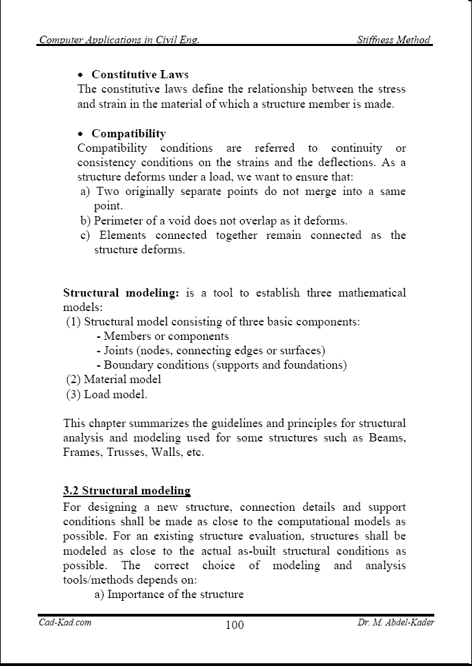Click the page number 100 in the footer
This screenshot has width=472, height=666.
[x=234, y=625]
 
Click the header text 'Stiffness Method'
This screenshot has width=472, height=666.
[x=394, y=40]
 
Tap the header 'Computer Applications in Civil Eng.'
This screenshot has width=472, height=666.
[x=119, y=40]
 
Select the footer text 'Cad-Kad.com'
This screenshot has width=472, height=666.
[x=65, y=622]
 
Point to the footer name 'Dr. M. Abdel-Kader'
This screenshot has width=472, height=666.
[x=396, y=622]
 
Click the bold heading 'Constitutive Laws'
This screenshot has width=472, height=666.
[x=140, y=74]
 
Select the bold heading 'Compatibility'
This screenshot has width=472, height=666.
[x=128, y=133]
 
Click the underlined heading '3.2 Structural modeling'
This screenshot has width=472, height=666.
[x=126, y=490]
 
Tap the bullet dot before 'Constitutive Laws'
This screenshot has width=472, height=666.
[x=82, y=75]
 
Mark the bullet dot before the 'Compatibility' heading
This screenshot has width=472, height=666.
[x=82, y=134]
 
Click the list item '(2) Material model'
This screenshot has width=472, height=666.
[x=114, y=379]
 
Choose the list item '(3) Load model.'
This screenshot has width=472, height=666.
[x=106, y=394]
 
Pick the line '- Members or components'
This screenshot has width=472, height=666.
[x=163, y=336]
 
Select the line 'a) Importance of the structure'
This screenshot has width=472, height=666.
[x=169, y=594]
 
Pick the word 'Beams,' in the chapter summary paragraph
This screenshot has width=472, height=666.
[x=387, y=437]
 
